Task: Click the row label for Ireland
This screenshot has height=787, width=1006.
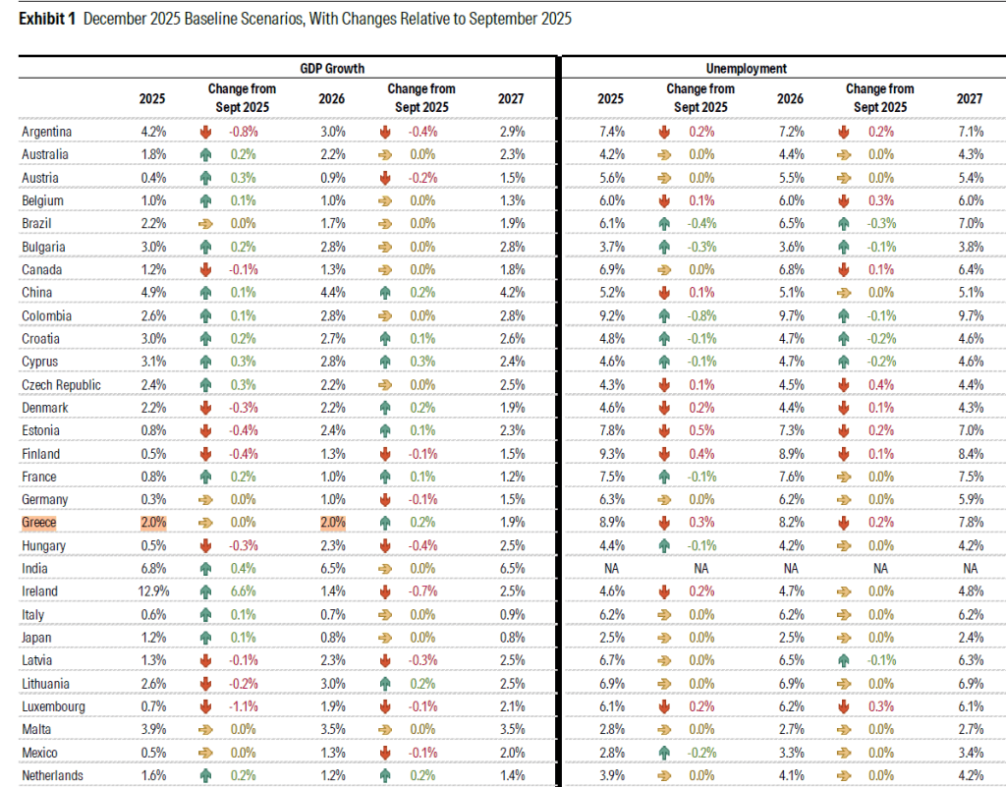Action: [x=39, y=591]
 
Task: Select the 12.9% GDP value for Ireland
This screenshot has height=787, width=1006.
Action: [x=152, y=591]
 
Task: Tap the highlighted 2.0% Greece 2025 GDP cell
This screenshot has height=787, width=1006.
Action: [x=152, y=523]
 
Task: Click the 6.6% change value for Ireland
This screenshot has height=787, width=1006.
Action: [x=242, y=591]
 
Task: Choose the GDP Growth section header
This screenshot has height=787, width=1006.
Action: [x=332, y=69]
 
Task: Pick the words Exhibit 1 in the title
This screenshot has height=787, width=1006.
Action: [x=48, y=20]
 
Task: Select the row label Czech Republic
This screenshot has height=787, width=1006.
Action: [x=60, y=385]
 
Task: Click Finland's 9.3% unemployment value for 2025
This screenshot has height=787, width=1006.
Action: [x=610, y=454]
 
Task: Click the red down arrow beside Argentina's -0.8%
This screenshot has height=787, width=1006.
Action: [x=205, y=132]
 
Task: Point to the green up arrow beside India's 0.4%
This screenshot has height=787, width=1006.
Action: [x=205, y=569]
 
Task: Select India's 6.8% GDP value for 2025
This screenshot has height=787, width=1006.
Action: [x=152, y=569]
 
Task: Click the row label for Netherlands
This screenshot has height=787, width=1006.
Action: [x=52, y=775]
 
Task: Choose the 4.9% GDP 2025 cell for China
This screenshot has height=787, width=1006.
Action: [x=152, y=293]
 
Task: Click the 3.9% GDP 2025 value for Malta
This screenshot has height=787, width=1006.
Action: [x=152, y=729]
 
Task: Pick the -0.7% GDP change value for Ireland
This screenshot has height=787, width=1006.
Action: [x=421, y=591]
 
